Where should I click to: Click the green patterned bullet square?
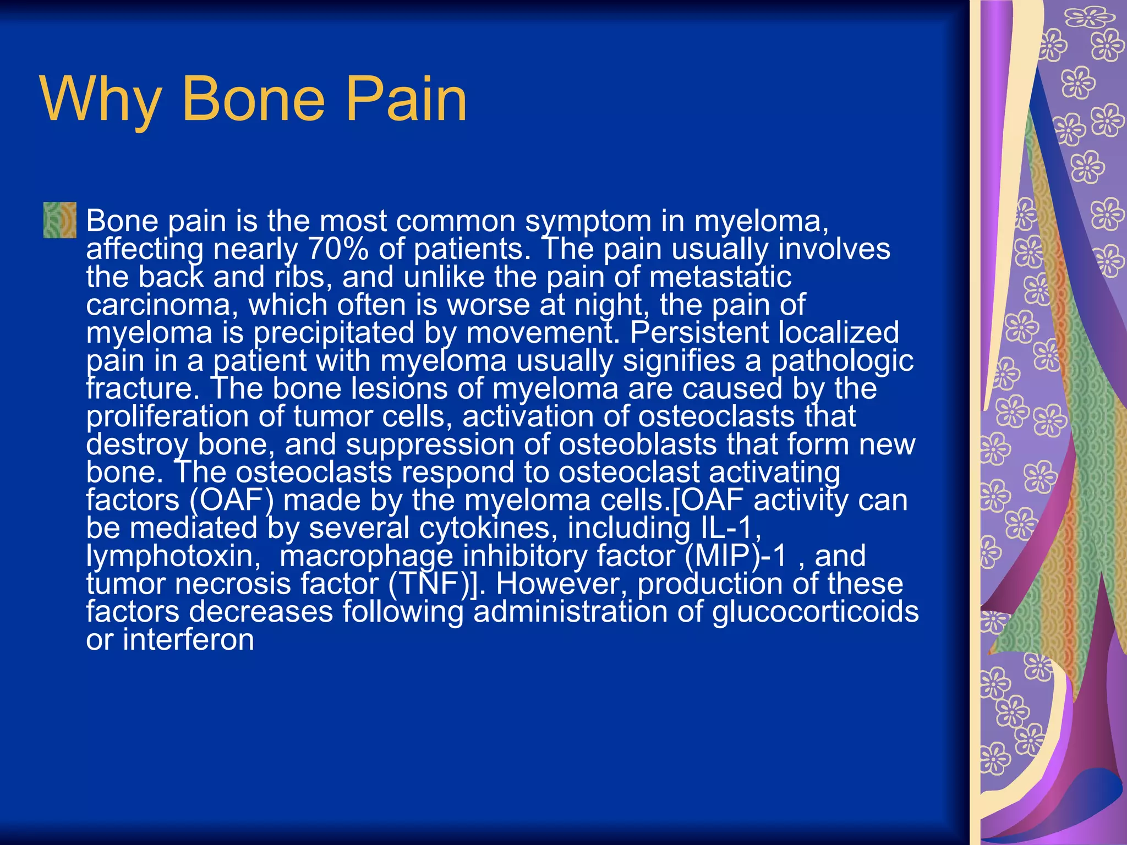tap(60, 220)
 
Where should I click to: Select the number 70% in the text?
tap(337, 249)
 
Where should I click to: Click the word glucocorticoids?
tap(815, 612)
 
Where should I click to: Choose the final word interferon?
tap(188, 640)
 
